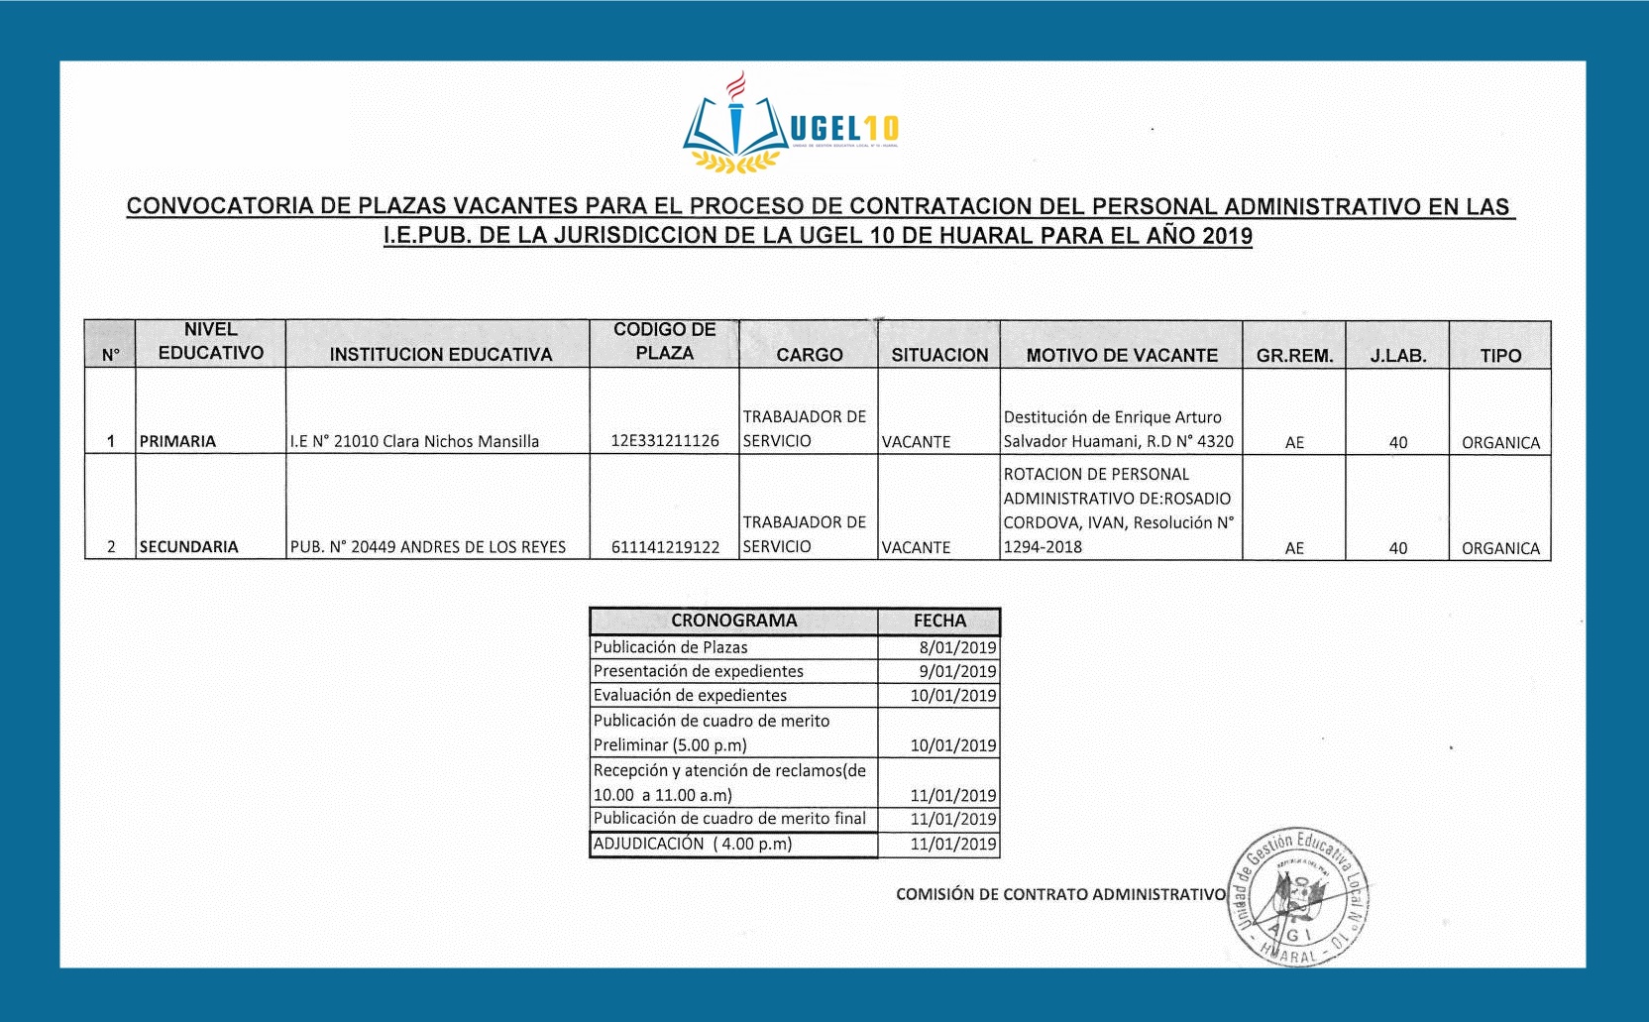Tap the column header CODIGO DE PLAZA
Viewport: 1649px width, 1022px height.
tap(664, 341)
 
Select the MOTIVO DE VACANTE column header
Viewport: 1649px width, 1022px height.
tap(1121, 355)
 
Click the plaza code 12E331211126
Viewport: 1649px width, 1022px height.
tap(665, 441)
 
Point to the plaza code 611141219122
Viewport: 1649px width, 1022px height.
tap(665, 547)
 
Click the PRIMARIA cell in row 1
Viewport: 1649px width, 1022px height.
tap(178, 441)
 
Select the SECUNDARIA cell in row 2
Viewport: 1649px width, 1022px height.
tap(189, 547)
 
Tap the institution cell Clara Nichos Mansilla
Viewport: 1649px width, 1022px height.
tap(414, 441)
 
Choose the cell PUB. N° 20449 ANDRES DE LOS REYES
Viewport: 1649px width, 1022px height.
tap(428, 547)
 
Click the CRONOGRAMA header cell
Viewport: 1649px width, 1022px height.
tap(733, 621)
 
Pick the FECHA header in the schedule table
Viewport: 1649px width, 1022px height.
tap(939, 621)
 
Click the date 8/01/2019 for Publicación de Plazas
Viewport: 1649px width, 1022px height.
tap(957, 647)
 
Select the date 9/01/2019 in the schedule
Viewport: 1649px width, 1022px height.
tap(957, 671)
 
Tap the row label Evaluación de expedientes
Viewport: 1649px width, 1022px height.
tap(690, 696)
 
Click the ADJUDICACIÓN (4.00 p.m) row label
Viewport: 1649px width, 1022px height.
tap(693, 844)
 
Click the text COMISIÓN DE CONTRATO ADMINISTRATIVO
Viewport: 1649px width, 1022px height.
tap(1060, 894)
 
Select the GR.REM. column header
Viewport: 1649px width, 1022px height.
tap(1294, 356)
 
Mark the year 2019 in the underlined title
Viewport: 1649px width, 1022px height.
tap(1227, 236)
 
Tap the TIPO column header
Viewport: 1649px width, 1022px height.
tap(1500, 356)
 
